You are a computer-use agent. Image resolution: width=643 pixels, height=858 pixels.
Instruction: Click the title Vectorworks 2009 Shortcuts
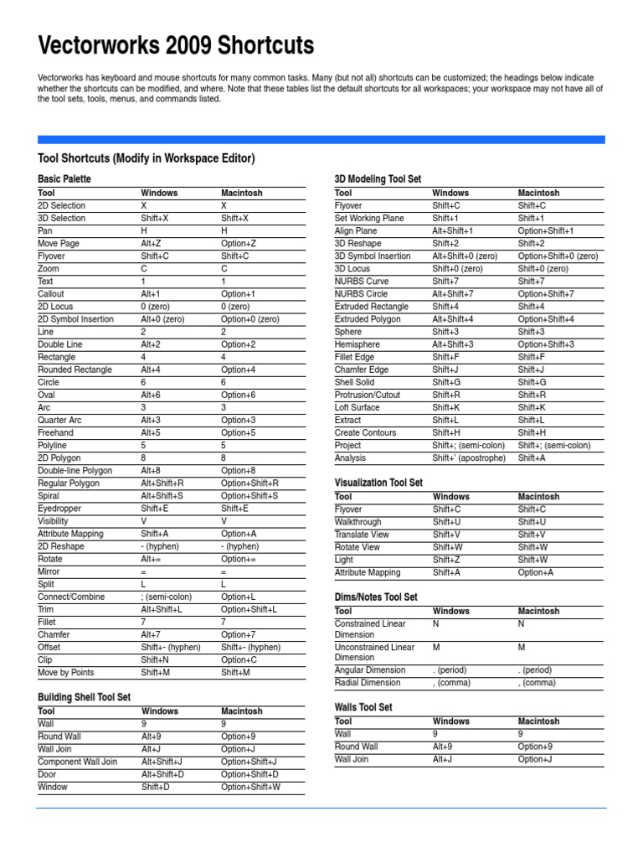[x=176, y=44]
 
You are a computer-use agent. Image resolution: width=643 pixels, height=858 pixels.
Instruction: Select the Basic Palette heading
[x=64, y=179]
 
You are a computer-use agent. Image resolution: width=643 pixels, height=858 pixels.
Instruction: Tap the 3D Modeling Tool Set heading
[x=378, y=179]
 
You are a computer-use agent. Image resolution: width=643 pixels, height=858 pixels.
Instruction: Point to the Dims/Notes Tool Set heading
[x=376, y=597]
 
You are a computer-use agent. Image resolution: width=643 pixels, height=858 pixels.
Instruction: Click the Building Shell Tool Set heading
[x=85, y=697]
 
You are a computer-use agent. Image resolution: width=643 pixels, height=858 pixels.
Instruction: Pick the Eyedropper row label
[x=59, y=509]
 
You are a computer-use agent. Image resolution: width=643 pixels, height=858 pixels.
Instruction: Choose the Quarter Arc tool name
[x=59, y=420]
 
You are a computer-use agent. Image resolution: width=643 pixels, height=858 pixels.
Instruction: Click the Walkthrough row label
[x=358, y=522]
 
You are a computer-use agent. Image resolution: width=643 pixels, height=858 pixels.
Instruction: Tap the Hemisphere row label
[x=357, y=344]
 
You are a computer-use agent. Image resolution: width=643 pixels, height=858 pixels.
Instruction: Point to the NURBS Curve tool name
[x=362, y=282]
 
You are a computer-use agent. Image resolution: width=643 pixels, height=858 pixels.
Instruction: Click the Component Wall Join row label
[x=78, y=762]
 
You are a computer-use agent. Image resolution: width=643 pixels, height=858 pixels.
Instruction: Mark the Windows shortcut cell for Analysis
[x=469, y=458]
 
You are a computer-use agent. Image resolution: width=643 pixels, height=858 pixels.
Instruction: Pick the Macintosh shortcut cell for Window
[x=250, y=788]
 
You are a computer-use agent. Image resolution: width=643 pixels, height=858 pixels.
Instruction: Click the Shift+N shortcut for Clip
[x=155, y=659]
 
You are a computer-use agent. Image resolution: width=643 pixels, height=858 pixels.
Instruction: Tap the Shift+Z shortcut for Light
[x=445, y=560]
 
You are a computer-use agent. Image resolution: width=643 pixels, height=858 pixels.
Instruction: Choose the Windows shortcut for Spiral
[x=162, y=496]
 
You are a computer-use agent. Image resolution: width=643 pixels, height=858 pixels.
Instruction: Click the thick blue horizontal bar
[x=321, y=140]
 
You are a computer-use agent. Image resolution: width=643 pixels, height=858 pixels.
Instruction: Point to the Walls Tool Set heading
[x=363, y=707]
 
